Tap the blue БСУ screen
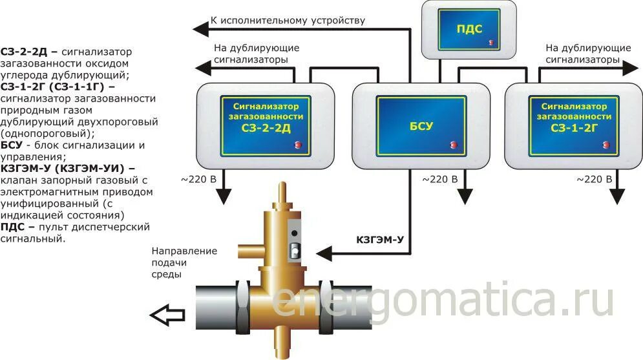coord(414,125)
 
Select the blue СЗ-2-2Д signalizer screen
coord(266,125)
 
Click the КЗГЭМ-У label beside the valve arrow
coord(380,239)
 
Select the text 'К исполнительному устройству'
coord(288,20)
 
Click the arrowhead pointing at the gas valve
coord(326,251)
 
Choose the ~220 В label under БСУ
coord(440,179)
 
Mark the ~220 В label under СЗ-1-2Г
coord(593,179)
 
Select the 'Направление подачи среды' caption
coord(184,262)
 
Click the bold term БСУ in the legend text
coord(12,145)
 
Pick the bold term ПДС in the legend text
coord(13,228)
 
